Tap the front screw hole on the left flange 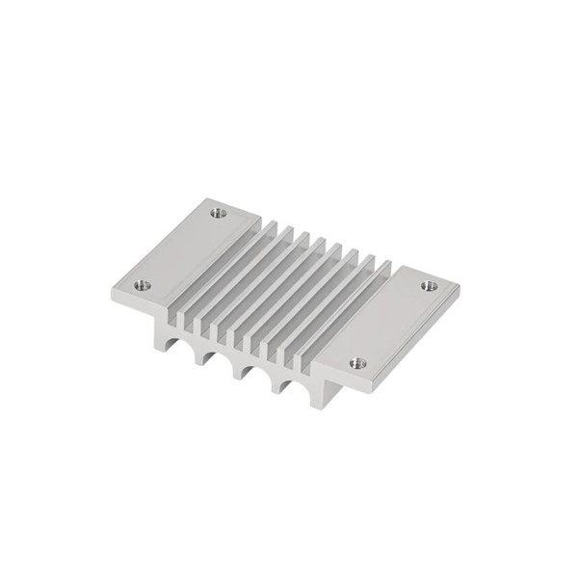tap(142, 284)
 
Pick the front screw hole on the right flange tap(356, 363)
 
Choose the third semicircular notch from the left tap(246, 371)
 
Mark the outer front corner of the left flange tap(112, 293)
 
